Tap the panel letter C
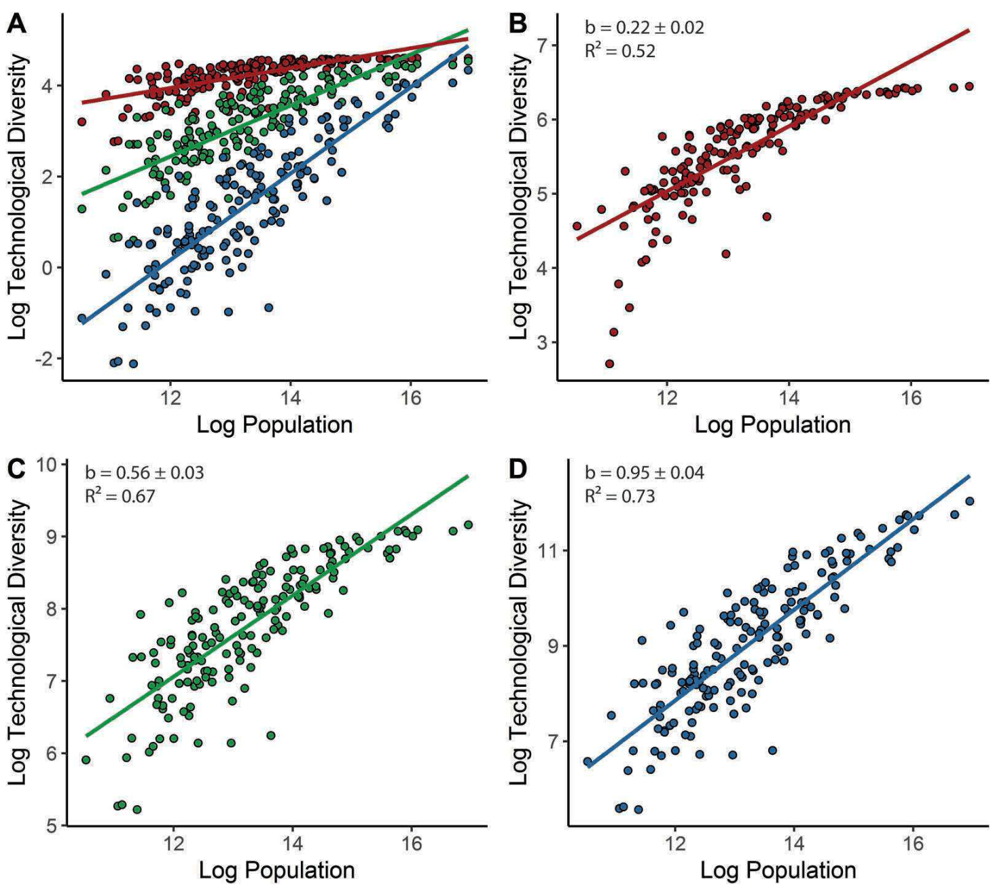pos(17,469)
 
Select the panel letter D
pos(518,469)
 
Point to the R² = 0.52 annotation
pos(619,51)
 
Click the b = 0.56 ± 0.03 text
pos(144,473)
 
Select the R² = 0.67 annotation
pos(120,496)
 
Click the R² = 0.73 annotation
pos(619,496)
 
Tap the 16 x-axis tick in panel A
pos(411,398)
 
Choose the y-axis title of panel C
pos(18,642)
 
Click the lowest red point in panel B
pos(609,363)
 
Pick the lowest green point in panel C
pos(137,809)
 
